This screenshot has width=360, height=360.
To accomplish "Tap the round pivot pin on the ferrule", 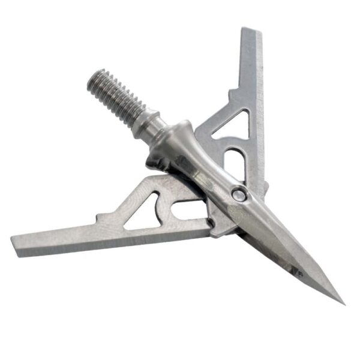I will click(239, 194).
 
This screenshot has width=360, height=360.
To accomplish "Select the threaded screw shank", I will click(116, 96).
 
